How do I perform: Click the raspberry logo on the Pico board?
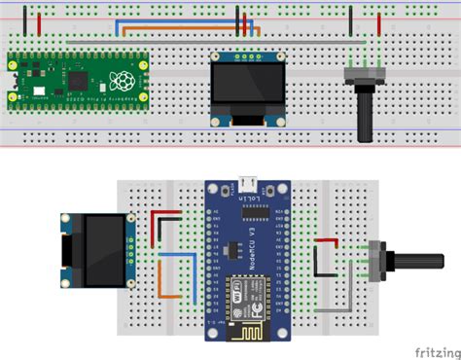pyautogui.click(x=123, y=79)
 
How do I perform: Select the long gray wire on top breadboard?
pyautogui.click(x=292, y=41)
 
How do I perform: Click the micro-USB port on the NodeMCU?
pyautogui.click(x=249, y=183)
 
